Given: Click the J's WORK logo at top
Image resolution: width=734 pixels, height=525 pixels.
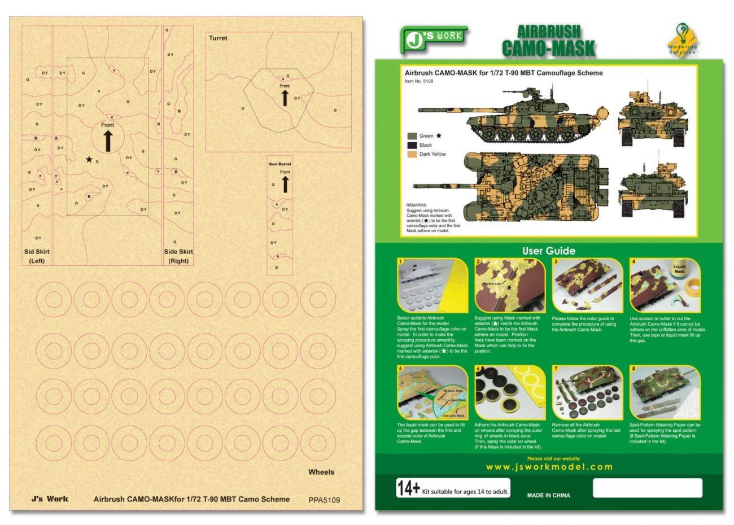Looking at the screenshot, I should [433, 38].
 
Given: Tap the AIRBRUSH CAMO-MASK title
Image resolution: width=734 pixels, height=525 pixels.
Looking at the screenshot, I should [548, 41].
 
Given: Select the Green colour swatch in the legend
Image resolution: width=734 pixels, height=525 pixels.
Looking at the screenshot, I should [412, 136].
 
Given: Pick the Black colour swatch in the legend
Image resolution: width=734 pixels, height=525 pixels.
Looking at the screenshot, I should [412, 145].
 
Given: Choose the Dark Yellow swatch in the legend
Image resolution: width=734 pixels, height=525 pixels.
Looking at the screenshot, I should [412, 154].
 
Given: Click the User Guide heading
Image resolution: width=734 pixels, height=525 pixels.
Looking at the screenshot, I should [548, 251].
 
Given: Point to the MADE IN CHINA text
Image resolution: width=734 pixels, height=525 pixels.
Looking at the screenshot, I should [548, 495].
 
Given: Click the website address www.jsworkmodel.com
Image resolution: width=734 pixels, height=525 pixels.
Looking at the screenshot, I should [549, 467].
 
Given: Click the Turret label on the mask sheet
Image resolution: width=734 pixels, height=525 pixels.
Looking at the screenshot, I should [218, 38].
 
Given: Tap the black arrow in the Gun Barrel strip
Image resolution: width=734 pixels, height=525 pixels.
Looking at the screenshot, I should [285, 184].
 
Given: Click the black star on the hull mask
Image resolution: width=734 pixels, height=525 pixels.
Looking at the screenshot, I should [89, 160].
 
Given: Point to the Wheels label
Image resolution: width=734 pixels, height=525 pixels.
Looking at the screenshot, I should [321, 472].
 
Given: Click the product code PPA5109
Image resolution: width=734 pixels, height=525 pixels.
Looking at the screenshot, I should [324, 500].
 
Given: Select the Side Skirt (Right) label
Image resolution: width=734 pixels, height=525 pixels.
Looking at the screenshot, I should [178, 256].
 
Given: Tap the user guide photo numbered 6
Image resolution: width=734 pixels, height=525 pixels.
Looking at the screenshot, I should [510, 392].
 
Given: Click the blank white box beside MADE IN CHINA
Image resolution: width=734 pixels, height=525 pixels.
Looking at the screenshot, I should [647, 488].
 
